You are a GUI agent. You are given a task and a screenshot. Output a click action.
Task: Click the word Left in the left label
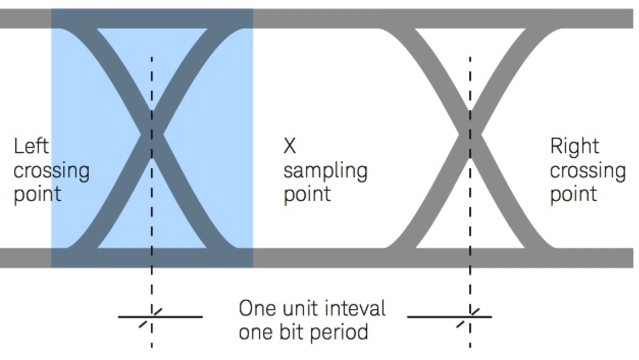[x=31, y=146]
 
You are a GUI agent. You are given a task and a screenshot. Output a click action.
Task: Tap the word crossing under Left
[x=51, y=171]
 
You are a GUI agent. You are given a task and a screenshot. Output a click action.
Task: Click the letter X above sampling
[x=290, y=146]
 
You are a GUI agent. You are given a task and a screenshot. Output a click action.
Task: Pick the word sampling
[x=325, y=171]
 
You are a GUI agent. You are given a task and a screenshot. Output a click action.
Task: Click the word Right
[x=575, y=146]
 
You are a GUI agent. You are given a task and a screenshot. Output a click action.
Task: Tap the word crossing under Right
[x=588, y=171]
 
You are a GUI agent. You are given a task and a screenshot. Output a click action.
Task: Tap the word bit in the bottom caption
[x=291, y=332]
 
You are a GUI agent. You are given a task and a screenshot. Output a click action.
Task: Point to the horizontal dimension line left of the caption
[x=180, y=317]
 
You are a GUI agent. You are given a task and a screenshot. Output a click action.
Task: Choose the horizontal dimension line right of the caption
[x=434, y=317]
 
